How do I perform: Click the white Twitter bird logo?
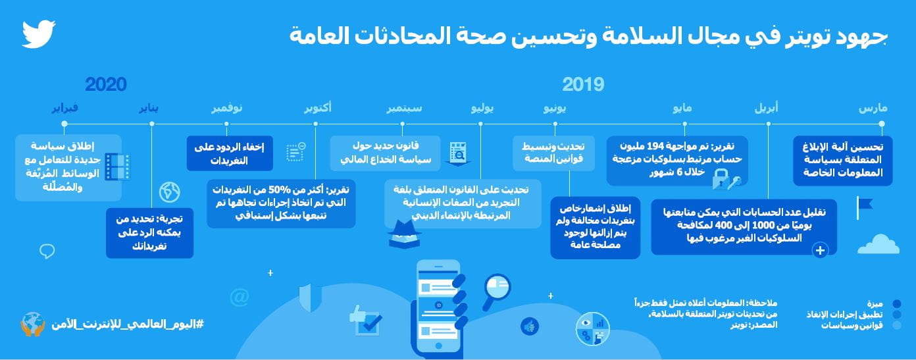[38, 34]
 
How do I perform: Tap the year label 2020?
[106, 85]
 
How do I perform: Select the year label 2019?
[583, 85]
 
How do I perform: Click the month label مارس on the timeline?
[873, 109]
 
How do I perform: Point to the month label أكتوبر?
[318, 108]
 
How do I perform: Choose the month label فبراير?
[65, 108]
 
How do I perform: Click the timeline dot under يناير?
[152, 124]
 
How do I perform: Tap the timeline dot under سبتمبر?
[402, 124]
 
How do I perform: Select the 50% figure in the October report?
[279, 190]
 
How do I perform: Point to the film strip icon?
[117, 167]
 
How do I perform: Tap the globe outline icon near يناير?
[169, 192]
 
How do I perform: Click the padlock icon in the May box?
[721, 180]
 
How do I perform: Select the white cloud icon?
[878, 244]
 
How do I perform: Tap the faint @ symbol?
[240, 297]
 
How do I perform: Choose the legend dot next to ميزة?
[897, 303]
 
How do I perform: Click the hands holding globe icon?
[33, 324]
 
